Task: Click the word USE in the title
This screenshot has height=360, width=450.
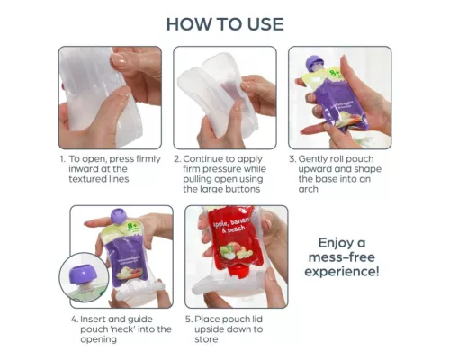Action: click(262, 23)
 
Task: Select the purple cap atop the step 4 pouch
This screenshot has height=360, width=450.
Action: click(117, 217)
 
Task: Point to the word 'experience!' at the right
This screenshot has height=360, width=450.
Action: click(347, 271)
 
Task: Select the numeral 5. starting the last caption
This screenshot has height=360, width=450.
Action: click(188, 317)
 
